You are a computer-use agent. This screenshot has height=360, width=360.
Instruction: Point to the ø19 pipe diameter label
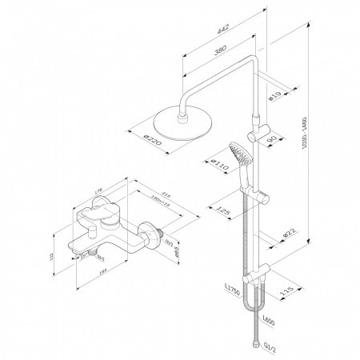(x=274, y=98)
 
